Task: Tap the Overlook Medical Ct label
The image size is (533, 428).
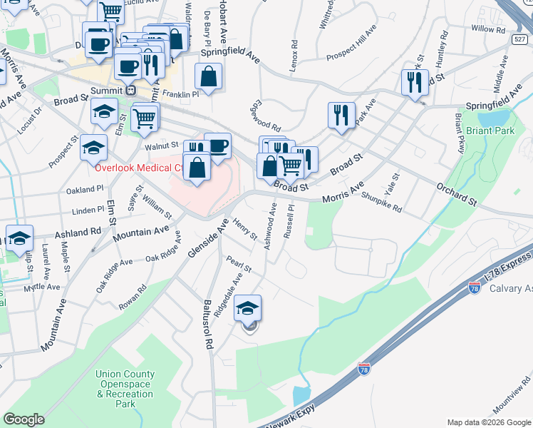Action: (138, 168)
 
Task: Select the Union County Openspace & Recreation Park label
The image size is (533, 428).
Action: (125, 389)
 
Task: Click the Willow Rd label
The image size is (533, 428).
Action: (487, 29)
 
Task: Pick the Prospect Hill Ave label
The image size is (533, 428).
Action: (351, 46)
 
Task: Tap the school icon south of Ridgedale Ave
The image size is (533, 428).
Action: (248, 307)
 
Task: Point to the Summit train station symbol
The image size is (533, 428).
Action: (130, 91)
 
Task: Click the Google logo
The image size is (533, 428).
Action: (24, 419)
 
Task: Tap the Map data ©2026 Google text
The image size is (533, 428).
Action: (489, 422)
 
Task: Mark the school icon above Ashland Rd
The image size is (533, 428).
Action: (20, 238)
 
